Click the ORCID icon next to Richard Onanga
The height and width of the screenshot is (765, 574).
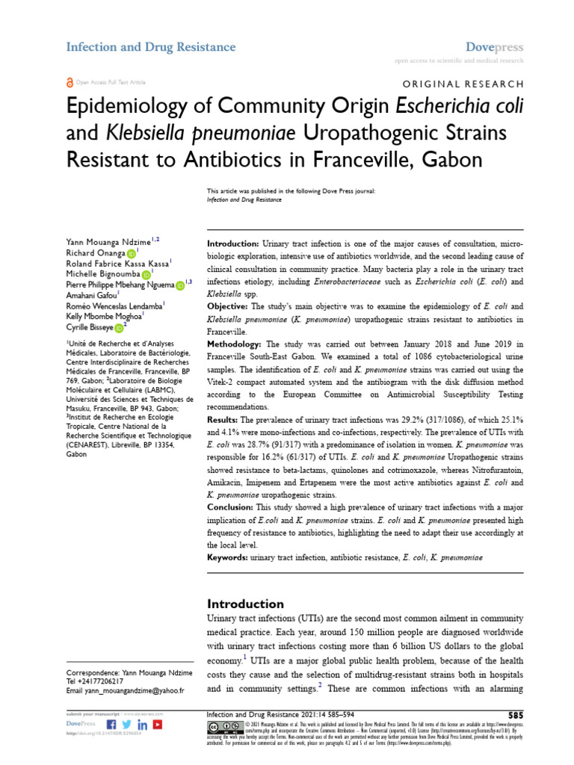(132, 253)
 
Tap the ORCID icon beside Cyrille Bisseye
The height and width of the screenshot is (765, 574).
(120, 326)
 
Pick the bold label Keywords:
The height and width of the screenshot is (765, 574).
(226, 557)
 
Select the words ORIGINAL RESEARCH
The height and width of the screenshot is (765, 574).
(463, 84)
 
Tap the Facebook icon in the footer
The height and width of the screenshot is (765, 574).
(111, 725)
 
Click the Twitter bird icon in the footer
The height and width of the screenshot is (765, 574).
(126, 725)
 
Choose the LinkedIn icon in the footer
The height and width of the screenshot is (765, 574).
(142, 725)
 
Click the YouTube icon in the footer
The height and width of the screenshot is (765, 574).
(158, 725)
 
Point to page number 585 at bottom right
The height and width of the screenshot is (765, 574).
(515, 715)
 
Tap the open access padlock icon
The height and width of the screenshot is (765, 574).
(70, 82)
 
